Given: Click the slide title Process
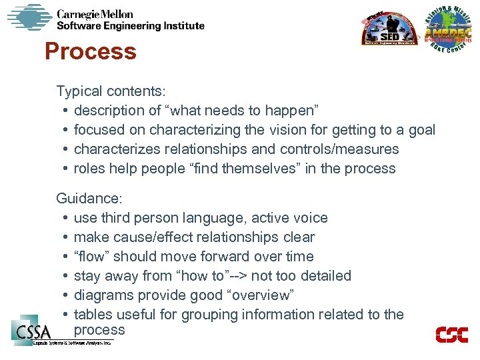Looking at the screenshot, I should tap(90, 52).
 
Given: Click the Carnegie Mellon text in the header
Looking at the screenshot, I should tap(95, 14).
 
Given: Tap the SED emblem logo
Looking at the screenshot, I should tap(389, 30).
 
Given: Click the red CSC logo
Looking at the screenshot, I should tap(451, 335).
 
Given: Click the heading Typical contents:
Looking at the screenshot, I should tap(111, 91).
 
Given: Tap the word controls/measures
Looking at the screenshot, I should tap(343, 149).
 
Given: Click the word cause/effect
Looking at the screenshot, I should tap(151, 237).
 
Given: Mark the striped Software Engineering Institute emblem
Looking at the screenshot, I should tap(29, 17).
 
